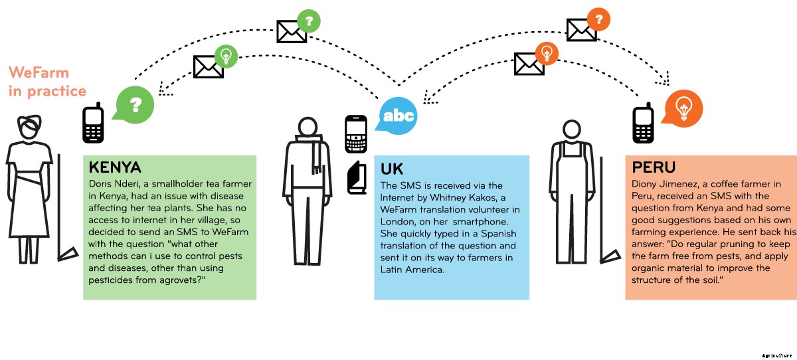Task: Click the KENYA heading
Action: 114,166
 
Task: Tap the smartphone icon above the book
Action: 356,134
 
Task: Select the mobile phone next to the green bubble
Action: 93,123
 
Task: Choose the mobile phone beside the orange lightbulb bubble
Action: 642,124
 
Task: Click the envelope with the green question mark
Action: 292,30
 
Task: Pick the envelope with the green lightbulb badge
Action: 209,66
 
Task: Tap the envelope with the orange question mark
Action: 581,29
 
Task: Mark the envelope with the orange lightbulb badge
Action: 529,64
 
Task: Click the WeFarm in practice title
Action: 47,82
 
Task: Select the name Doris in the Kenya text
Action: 102,183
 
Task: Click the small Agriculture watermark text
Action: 777,355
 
